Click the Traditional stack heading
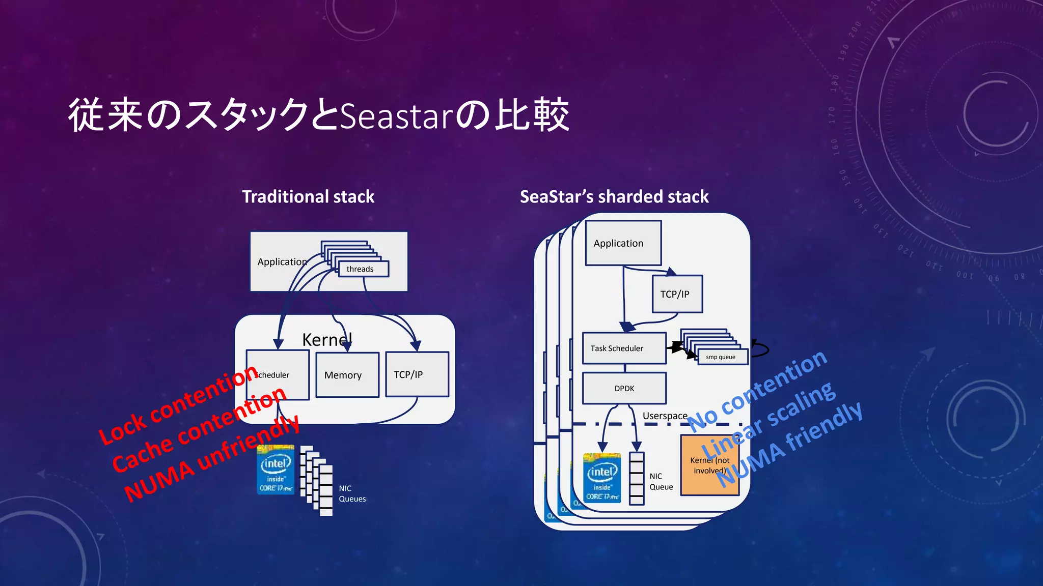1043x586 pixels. coord(308,197)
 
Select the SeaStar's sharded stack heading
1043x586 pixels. coord(614,197)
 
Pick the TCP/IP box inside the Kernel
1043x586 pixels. coord(417,374)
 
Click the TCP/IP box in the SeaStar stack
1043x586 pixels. coord(677,294)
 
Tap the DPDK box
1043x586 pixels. coord(624,388)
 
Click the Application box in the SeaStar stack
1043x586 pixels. coord(623,243)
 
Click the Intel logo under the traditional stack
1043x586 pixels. coord(276,470)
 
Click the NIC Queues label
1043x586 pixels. coord(352,493)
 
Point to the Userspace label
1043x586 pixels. coord(665,416)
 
